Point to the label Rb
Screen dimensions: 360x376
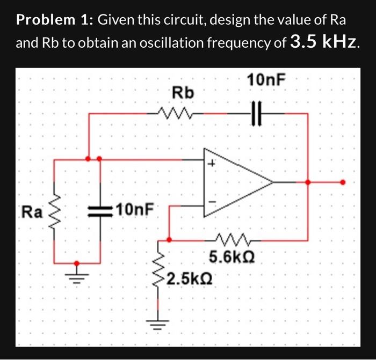[x=183, y=93]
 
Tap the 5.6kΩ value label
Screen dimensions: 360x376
[x=232, y=258]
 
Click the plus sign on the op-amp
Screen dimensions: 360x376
[x=212, y=164]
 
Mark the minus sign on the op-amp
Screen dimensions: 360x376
[x=212, y=202]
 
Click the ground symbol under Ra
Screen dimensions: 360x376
[x=77, y=278]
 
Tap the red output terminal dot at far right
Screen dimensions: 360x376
[x=344, y=182]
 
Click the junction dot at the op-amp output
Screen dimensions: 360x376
[x=308, y=182]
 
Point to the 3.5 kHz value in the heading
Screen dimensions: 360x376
[x=324, y=42]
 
